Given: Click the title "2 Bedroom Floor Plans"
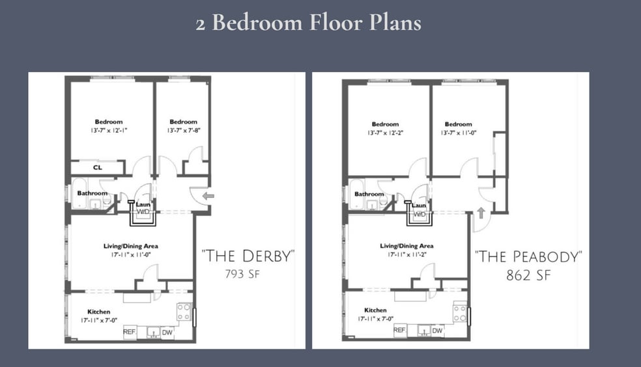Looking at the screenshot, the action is point(309,22).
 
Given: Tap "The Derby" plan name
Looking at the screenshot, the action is point(248,256).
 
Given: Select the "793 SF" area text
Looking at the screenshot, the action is point(242,274).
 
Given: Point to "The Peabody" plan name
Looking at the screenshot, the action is point(528,257).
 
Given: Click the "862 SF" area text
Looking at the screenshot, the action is point(528,275).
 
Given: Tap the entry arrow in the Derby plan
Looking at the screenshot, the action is point(208,196).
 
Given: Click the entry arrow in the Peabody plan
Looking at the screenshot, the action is point(481,213).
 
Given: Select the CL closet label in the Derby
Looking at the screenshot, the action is point(97,167).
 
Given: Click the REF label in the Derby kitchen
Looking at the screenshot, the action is point(129,332).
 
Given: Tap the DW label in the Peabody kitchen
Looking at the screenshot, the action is point(437,331).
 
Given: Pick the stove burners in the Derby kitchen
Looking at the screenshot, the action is point(184,312).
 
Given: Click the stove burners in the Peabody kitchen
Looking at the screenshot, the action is point(460,312).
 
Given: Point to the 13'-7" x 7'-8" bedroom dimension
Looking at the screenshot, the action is point(184,131).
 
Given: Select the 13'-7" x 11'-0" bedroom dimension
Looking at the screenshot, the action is point(458,133).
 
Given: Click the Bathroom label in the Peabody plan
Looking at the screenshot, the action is point(369,194).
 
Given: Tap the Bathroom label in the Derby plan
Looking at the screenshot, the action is point(93,193).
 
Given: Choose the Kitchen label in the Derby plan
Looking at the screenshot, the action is point(98,312).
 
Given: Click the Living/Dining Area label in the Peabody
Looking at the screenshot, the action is point(406,246).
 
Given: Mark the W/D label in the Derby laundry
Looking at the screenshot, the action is point(143,211).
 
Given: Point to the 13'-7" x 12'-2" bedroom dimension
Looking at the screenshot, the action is point(385,133).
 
